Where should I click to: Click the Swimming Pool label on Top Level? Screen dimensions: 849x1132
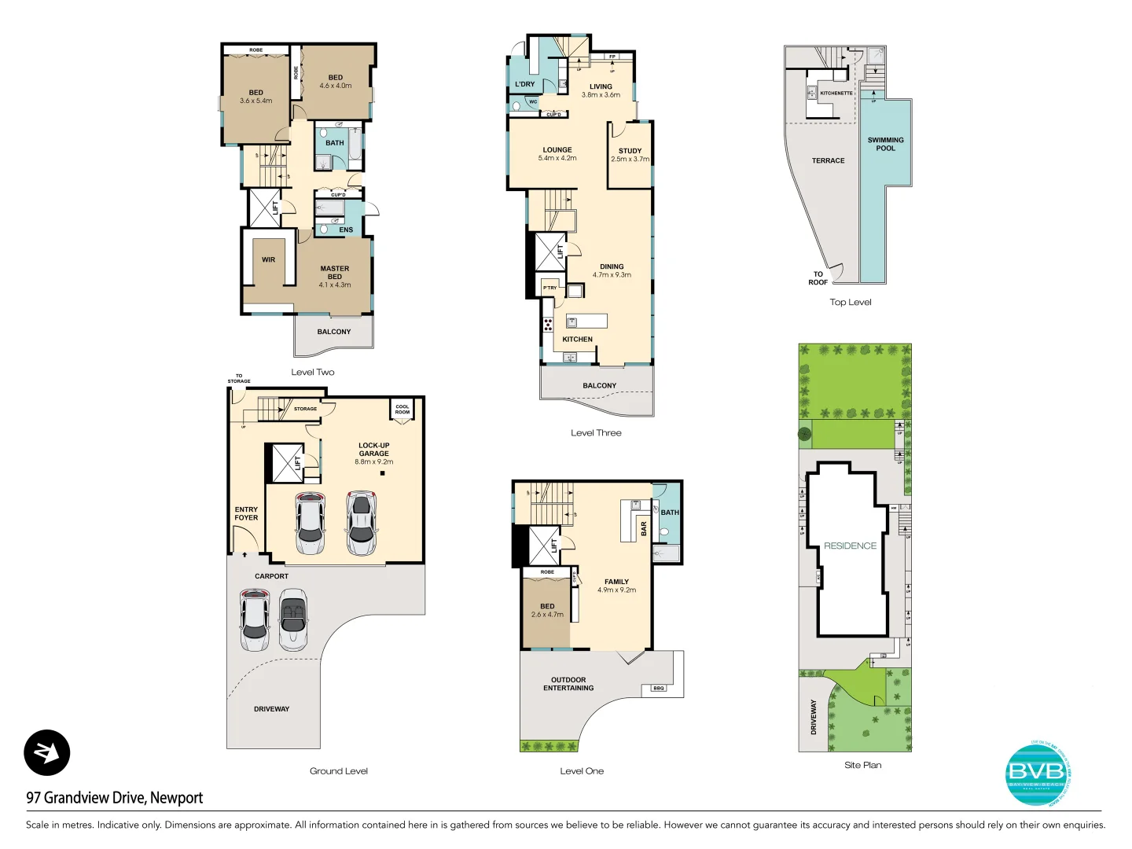pyautogui.click(x=885, y=144)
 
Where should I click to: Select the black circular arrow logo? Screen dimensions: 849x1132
pyautogui.click(x=47, y=752)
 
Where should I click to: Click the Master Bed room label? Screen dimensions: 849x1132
pyautogui.click(x=335, y=273)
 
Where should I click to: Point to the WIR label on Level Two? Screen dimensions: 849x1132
pyautogui.click(x=269, y=259)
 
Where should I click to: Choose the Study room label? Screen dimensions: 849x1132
pyautogui.click(x=630, y=151)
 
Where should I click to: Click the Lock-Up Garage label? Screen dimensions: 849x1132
pyautogui.click(x=374, y=449)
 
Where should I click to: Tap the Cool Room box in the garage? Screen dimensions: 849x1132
pyautogui.click(x=402, y=410)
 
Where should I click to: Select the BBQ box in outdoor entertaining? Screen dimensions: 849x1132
pyautogui.click(x=659, y=688)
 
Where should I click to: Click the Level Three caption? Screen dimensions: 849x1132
pyautogui.click(x=596, y=432)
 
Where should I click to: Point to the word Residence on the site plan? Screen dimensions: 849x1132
pyautogui.click(x=850, y=546)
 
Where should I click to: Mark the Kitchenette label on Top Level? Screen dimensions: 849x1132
pyautogui.click(x=836, y=93)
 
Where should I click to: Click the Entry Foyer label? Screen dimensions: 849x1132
pyautogui.click(x=246, y=513)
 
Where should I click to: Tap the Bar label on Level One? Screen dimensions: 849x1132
pyautogui.click(x=644, y=528)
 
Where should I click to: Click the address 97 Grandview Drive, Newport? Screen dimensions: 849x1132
pyautogui.click(x=115, y=797)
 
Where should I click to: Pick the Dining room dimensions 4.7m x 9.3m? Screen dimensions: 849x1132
pyautogui.click(x=612, y=275)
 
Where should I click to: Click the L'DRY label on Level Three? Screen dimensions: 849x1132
pyautogui.click(x=524, y=84)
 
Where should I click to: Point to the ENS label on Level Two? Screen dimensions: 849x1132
pyautogui.click(x=346, y=230)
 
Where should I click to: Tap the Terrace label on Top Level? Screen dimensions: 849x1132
pyautogui.click(x=828, y=160)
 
